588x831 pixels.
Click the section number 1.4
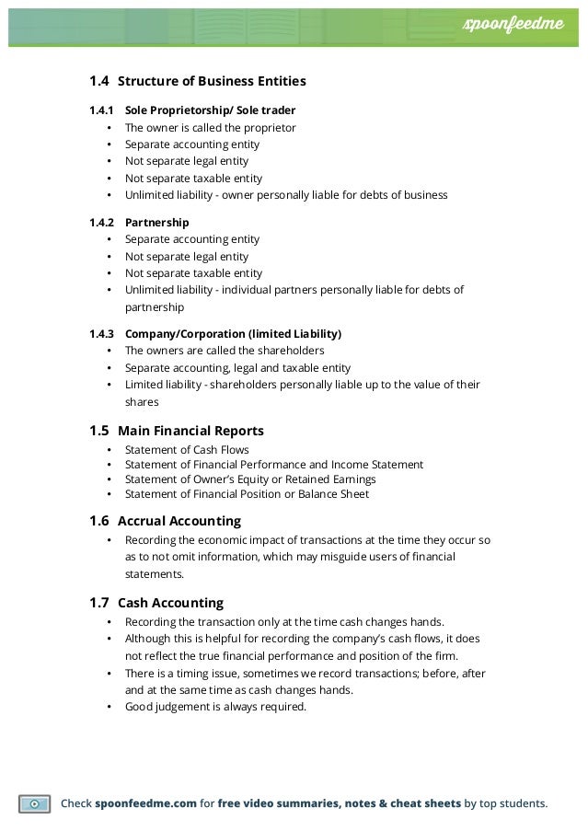click(98, 81)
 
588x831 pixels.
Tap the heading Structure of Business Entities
click(212, 81)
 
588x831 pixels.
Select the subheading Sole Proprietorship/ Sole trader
click(210, 110)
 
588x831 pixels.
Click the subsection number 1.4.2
click(101, 223)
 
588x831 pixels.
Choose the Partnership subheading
click(156, 223)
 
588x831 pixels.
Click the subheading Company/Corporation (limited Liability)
click(233, 333)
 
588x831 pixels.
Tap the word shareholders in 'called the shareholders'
click(282, 351)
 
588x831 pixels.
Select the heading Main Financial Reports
click(190, 430)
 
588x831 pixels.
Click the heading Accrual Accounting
click(179, 521)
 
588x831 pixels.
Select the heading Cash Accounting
click(170, 603)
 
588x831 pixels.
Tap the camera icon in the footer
click(34, 802)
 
